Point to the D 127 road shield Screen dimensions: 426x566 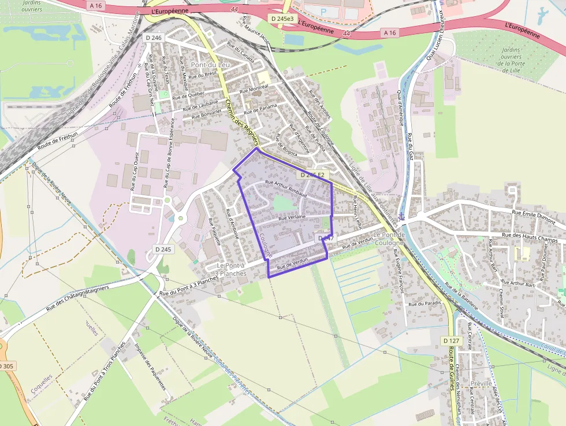click(x=452, y=341)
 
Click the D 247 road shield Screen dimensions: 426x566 click(x=325, y=238)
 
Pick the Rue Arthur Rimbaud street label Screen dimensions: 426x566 click(x=285, y=188)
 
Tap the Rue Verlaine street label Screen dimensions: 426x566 click(x=292, y=218)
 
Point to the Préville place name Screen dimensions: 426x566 click(x=481, y=383)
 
